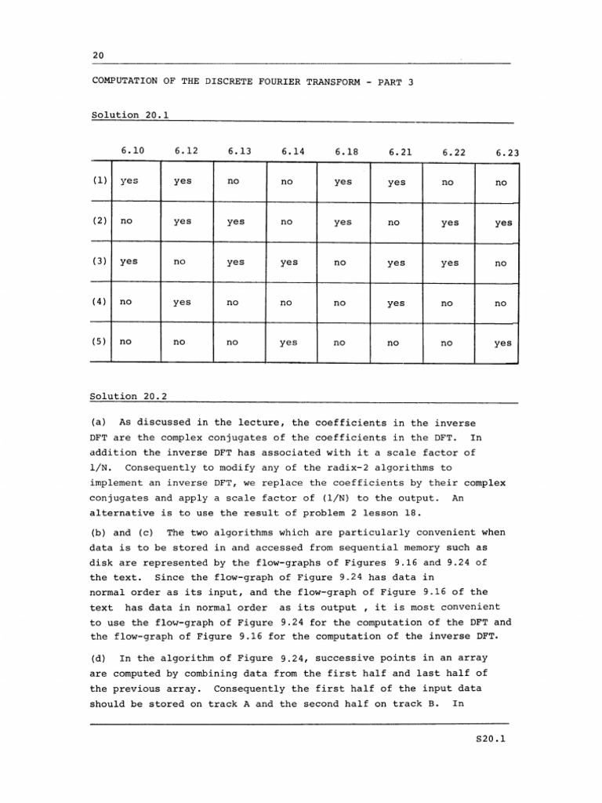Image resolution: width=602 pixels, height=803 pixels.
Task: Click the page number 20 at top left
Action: (98, 55)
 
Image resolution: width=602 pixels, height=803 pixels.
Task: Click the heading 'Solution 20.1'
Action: (129, 114)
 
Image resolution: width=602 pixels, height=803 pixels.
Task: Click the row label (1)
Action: (100, 180)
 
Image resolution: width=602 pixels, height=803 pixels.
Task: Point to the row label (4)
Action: (100, 303)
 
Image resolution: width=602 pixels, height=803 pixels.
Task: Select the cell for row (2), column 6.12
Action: (182, 221)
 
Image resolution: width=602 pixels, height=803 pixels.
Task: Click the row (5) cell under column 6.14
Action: (288, 343)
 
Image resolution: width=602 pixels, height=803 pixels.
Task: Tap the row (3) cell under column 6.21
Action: (397, 263)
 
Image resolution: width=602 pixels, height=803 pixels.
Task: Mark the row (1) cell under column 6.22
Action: (448, 181)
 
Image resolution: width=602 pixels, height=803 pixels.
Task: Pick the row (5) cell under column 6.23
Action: (503, 343)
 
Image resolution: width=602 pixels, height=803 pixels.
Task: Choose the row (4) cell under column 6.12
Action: (182, 303)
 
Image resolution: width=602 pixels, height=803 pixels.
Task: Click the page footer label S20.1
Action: (491, 737)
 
